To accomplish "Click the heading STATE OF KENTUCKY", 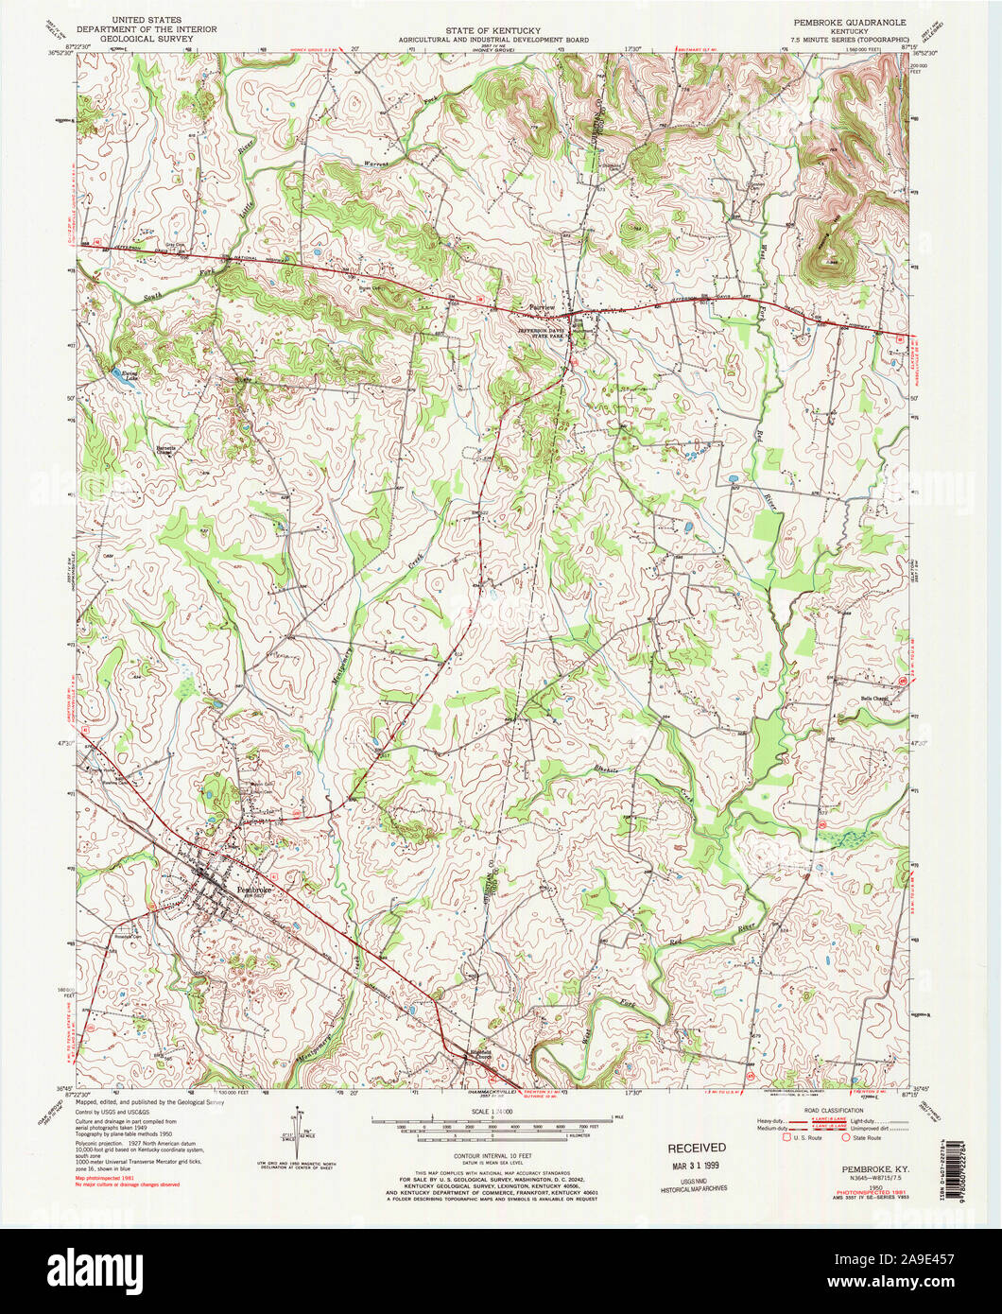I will pos(492,30).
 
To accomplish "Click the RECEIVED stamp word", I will pos(698,1148).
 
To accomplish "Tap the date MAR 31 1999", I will pos(700,1167).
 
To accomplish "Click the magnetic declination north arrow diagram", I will pos(301,1131).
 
